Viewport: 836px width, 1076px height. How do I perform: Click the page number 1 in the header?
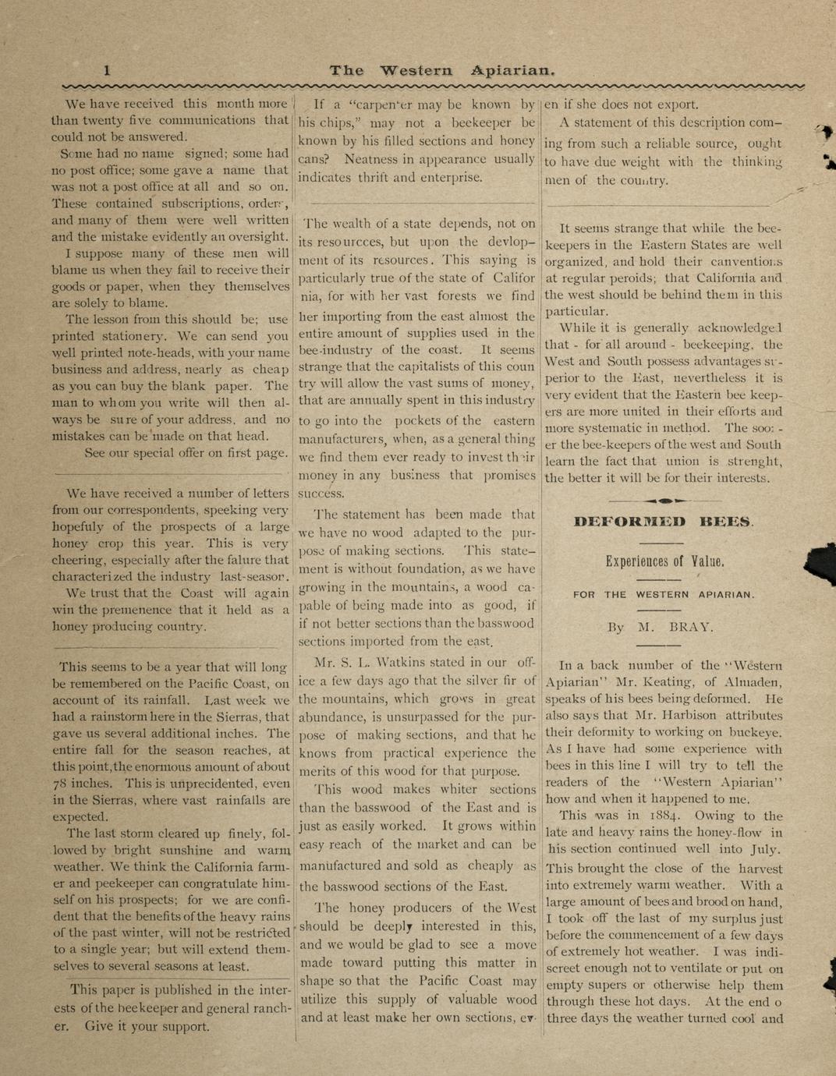108,70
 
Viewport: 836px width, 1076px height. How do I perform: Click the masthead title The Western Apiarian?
441,70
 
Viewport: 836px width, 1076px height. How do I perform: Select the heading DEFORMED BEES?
664,522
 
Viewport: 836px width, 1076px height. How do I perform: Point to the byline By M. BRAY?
661,626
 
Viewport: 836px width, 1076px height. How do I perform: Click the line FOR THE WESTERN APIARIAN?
664,594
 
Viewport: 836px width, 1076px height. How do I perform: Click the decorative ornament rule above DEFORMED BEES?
664,500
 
